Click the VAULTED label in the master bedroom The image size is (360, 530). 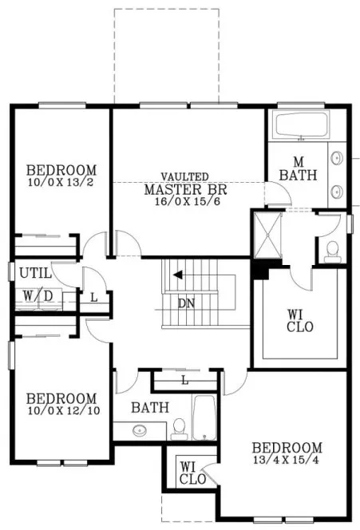[x=185, y=176]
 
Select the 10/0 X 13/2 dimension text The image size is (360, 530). [x=61, y=183]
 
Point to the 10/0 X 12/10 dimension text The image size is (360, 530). [x=61, y=411]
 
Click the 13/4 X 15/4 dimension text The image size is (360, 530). [x=287, y=461]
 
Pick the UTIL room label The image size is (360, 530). [x=35, y=273]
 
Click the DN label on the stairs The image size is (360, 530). [x=186, y=303]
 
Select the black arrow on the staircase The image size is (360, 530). [x=178, y=275]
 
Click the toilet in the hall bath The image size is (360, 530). [x=179, y=429]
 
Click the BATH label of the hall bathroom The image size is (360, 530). [x=150, y=408]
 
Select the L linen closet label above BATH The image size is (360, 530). [x=185, y=380]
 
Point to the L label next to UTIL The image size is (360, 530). [x=93, y=297]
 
